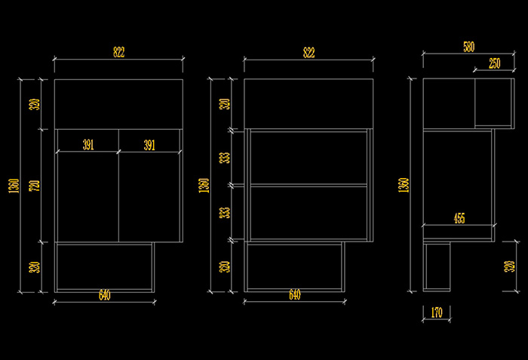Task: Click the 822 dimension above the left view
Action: tap(118, 52)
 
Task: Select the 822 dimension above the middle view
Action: tap(309, 52)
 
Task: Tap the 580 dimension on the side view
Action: tap(468, 47)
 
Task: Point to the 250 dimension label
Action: tap(494, 63)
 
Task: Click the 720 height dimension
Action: tap(33, 185)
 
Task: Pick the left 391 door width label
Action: tap(87, 145)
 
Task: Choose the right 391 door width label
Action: tap(149, 145)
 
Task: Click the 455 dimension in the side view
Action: tap(459, 218)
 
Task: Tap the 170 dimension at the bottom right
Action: tap(436, 312)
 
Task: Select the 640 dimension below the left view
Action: tap(104, 295)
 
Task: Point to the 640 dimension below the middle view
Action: tap(294, 295)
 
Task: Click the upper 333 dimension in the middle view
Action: tap(224, 158)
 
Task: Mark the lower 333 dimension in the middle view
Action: tap(224, 212)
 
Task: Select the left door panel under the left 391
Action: tap(87, 196)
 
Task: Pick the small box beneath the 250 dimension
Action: tap(493, 103)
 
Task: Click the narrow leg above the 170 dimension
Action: tap(437, 266)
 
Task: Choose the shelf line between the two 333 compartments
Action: tap(309, 185)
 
